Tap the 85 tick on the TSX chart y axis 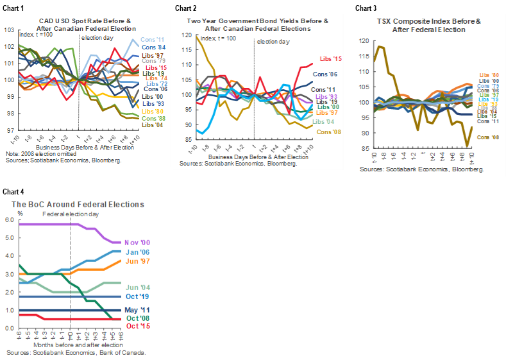364,149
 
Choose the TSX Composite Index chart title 428,25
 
